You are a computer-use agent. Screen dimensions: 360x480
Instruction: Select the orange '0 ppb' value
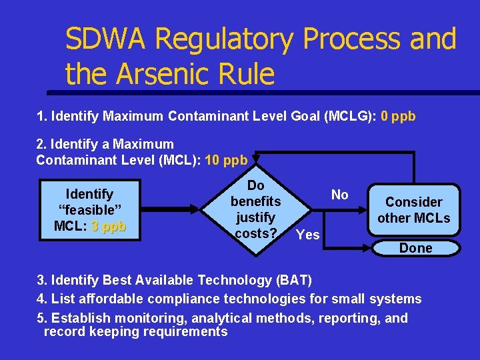pos(398,117)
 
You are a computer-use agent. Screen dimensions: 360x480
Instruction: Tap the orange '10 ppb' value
pos(226,160)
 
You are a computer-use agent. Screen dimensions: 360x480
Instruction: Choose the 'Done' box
pos(415,248)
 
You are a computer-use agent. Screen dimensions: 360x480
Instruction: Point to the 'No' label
pos(340,195)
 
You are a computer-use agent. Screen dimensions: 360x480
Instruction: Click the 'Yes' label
pos(308,234)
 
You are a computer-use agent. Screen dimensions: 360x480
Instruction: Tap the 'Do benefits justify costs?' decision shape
pos(255,209)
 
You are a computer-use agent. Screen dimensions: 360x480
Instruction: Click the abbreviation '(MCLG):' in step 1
pos(351,117)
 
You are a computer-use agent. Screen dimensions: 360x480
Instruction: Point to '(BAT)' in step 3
pos(291,279)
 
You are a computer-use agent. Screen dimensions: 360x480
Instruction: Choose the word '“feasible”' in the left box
pos(90,210)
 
